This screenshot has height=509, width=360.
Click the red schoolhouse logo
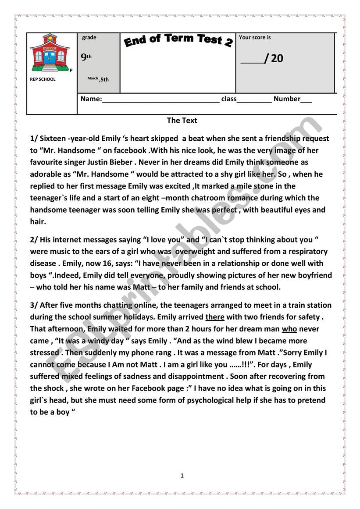(x=50, y=53)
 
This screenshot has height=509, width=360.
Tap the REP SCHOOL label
(x=43, y=79)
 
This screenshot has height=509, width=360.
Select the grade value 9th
(x=86, y=57)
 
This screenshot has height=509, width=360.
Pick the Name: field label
(x=91, y=99)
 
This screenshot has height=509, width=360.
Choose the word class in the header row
(x=228, y=99)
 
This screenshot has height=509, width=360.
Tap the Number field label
(x=287, y=99)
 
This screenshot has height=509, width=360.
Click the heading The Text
(x=182, y=120)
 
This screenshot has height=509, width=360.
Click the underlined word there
(x=214, y=317)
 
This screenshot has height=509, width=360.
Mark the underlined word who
(x=289, y=329)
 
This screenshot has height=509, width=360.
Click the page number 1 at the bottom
(x=182, y=476)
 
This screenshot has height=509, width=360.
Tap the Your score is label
(x=255, y=38)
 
